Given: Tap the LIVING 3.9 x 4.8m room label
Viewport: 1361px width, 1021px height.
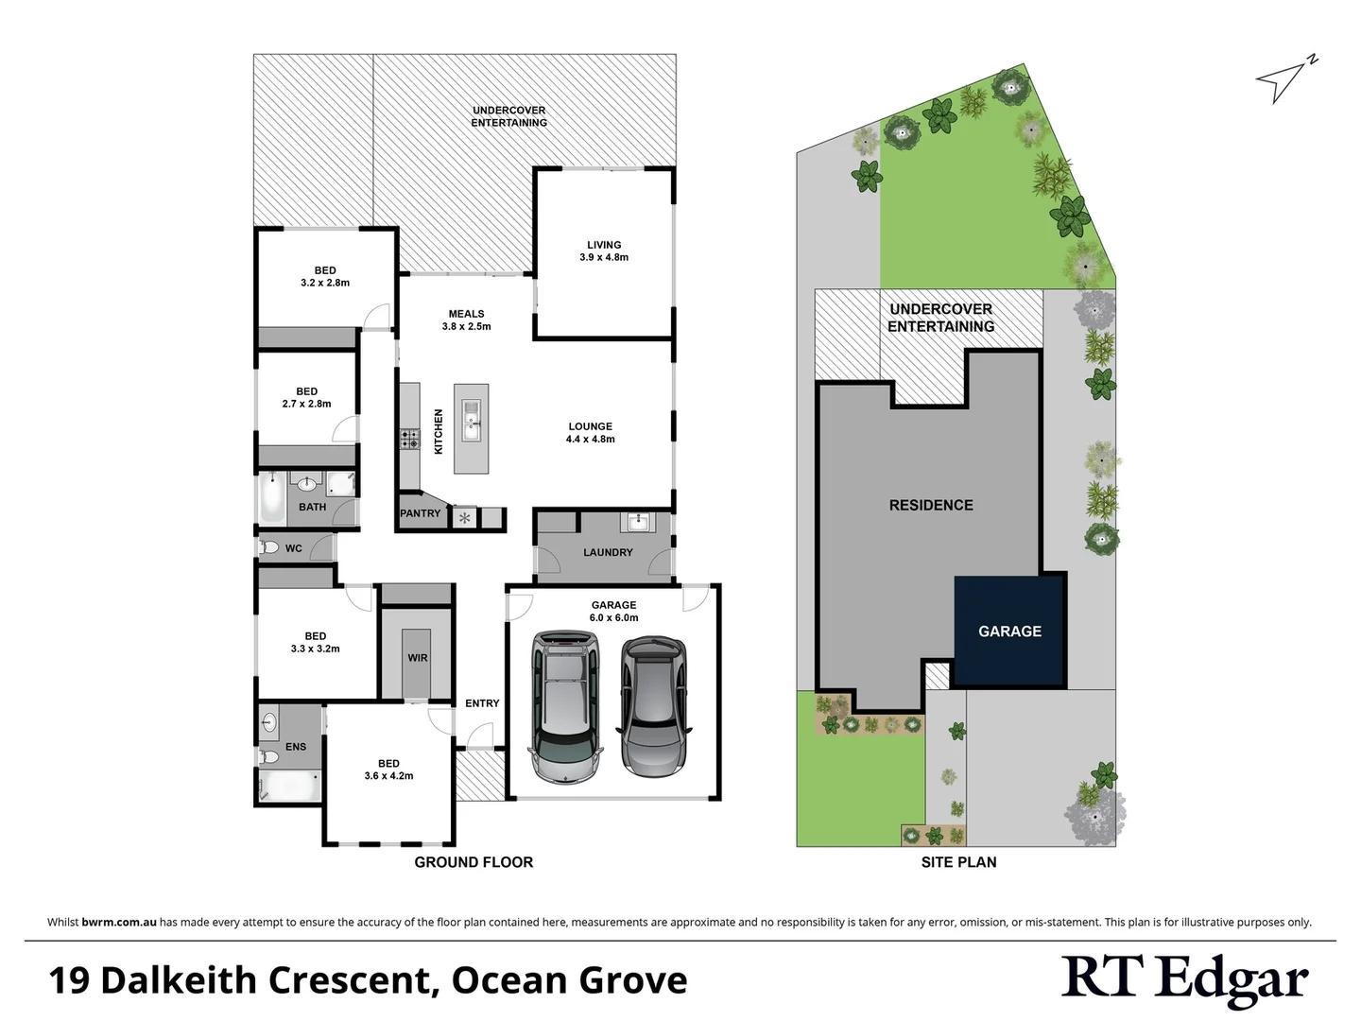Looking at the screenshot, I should click(604, 251).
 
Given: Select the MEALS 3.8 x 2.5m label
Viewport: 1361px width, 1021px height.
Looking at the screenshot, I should click(466, 320).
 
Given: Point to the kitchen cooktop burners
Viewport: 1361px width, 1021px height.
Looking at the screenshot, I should click(410, 439).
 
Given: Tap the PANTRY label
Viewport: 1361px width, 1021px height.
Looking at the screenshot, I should click(421, 513).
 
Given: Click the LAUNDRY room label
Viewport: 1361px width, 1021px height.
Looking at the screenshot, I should click(608, 552).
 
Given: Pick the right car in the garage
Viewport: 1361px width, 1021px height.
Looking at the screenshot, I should click(654, 703).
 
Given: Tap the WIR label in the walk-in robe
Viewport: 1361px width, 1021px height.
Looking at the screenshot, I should click(418, 658).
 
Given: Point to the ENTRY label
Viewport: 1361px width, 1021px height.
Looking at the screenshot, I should click(482, 703).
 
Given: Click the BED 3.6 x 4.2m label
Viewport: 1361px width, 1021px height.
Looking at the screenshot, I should click(388, 770).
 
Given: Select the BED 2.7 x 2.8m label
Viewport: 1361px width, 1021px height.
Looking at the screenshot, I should click(306, 397).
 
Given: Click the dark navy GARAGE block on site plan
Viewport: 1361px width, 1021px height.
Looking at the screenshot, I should click(1009, 632).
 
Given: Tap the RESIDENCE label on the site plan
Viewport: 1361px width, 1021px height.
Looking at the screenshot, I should click(931, 505).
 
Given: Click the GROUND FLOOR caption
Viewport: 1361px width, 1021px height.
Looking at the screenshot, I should click(474, 862).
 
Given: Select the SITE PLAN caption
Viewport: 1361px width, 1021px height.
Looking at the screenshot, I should click(958, 862).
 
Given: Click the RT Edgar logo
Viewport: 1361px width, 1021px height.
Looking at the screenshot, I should click(1184, 979).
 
